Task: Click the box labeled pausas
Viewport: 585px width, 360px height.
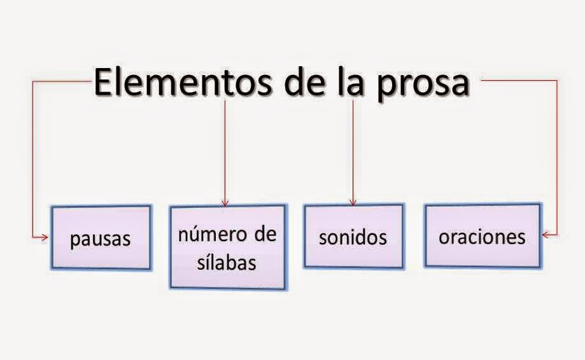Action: tap(100, 237)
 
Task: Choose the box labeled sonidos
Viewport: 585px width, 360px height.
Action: tap(353, 236)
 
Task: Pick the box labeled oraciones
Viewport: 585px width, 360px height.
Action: tap(483, 235)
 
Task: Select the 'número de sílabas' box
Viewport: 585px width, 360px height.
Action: tap(227, 247)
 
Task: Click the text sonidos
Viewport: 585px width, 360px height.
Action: tap(353, 237)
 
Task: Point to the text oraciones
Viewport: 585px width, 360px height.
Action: tap(483, 237)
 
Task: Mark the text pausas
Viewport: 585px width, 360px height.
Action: tap(100, 239)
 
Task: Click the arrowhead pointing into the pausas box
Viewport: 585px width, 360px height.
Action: tap(45, 237)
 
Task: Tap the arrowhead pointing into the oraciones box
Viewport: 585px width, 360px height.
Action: tap(546, 235)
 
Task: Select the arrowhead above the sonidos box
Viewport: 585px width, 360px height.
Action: tap(353, 202)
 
